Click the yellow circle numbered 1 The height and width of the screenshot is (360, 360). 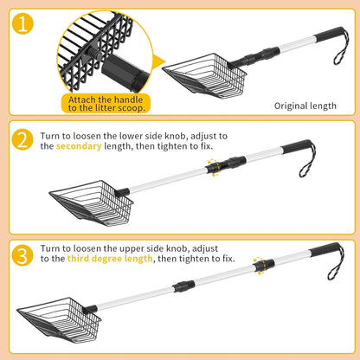click(22, 24)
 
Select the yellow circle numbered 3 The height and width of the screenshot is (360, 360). click(22, 255)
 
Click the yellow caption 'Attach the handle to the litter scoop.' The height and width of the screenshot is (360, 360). click(106, 104)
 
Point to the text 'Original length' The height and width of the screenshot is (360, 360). click(305, 106)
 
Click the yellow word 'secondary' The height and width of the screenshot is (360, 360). click(79, 146)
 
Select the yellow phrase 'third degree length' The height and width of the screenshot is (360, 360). click(110, 259)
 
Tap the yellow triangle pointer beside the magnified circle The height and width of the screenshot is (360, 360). click(158, 62)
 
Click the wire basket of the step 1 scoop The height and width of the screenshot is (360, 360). click(206, 75)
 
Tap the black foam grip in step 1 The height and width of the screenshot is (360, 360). click(329, 35)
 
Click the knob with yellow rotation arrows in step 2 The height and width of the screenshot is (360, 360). click(214, 167)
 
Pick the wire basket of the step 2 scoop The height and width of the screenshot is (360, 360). click(92, 202)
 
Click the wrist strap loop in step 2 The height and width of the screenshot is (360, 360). click(308, 159)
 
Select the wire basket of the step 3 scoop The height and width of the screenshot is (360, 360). click(59, 320)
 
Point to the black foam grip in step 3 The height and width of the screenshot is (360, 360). click(325, 249)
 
